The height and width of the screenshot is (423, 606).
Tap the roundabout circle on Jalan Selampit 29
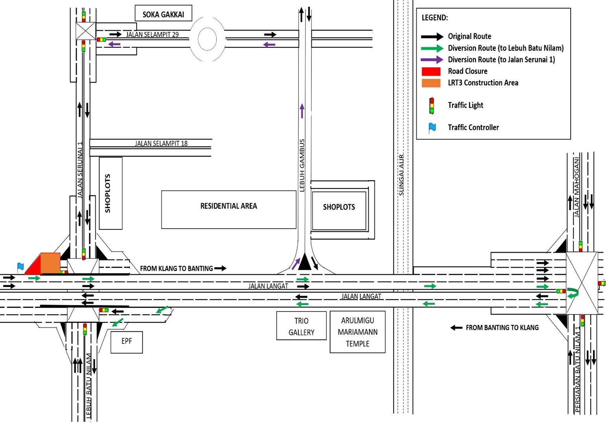coord(207,39)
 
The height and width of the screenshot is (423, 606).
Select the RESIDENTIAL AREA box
coord(229,209)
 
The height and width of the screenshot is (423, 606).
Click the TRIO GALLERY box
coord(301,326)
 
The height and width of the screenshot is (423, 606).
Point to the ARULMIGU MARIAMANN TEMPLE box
coord(357,332)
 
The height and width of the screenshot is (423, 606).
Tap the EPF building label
coord(126,342)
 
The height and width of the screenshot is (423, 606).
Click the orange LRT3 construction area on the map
coord(50,262)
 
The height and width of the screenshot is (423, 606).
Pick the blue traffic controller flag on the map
coord(20,267)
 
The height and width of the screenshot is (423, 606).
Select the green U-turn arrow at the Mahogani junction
coord(574,293)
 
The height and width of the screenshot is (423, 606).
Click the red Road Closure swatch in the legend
coord(431,71)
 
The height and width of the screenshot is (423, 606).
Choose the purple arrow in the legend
coord(432,60)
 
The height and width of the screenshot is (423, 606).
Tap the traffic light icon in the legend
coord(432,105)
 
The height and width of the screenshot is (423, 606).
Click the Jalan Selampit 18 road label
coord(161,143)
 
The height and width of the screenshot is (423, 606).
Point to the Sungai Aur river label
coord(401,175)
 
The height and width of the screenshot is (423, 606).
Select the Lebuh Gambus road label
coord(302,166)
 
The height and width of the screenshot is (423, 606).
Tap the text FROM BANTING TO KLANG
coord(502,328)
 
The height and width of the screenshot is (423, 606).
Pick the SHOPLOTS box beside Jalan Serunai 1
coord(111,193)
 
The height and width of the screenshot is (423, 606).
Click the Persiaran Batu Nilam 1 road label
coord(578,370)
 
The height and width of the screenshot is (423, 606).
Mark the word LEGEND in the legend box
coord(434,18)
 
